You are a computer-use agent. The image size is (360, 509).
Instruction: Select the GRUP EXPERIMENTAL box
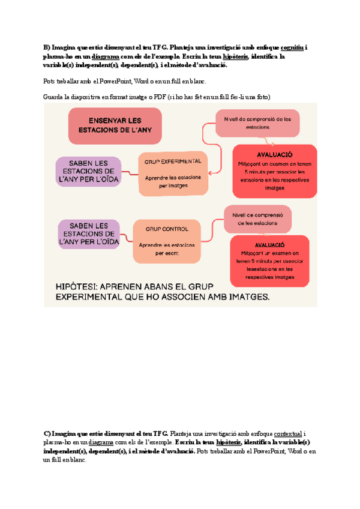173,173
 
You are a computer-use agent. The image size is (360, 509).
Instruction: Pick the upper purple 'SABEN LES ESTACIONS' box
88,171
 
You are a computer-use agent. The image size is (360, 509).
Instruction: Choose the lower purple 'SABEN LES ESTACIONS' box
88,233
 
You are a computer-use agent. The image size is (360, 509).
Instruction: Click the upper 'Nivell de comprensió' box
257,123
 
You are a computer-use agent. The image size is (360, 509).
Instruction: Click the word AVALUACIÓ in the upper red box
274,154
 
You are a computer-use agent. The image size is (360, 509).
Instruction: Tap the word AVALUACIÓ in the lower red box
269,245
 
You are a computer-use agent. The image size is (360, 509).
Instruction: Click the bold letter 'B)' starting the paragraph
47,48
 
